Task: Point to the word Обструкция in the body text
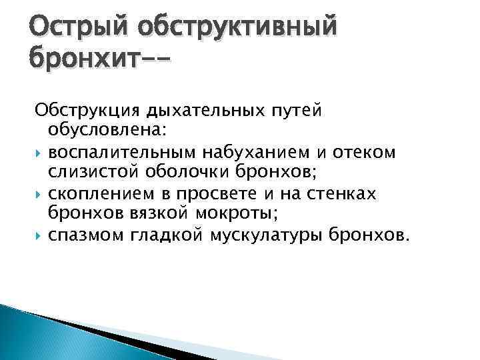click(x=90, y=109)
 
